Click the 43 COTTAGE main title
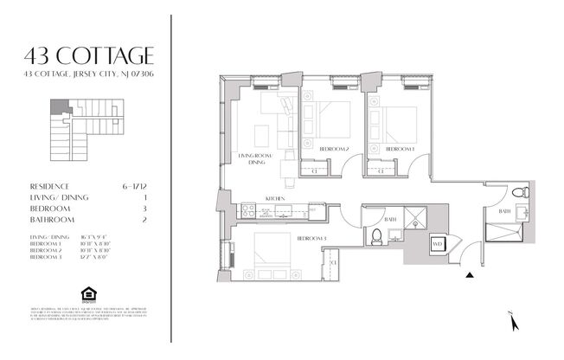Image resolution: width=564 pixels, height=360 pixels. pos(90,56)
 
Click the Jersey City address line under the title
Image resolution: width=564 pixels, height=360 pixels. pos(90,74)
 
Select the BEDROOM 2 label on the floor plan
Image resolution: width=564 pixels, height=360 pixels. pos(334,150)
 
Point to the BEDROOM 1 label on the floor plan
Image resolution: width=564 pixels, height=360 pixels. pos(400,150)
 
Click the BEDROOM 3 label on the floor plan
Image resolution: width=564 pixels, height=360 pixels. pos(311,238)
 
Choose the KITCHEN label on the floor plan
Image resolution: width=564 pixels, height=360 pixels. pos(275,198)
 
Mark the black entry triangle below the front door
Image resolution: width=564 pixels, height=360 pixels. pos(470,276)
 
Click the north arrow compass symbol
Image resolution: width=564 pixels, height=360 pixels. pos(514,321)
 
